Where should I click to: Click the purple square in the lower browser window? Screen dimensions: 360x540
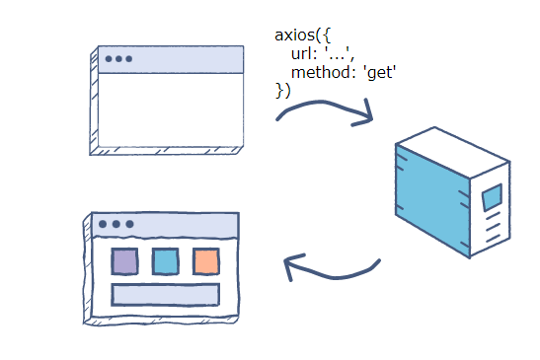coord(124,261)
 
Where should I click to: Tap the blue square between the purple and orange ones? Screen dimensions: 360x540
coord(165,261)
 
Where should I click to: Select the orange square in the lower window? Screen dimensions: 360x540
coord(205,261)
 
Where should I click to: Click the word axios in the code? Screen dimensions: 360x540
coord(295,36)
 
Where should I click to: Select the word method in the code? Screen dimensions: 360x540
coord(320,72)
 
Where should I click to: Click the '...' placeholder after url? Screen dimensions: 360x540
coord(341,54)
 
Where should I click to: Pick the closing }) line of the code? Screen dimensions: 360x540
coord(282,90)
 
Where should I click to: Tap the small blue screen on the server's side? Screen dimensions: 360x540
coord(492,197)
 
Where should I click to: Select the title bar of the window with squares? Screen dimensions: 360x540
coord(168,225)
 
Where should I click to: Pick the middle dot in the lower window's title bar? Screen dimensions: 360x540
coord(116,225)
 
